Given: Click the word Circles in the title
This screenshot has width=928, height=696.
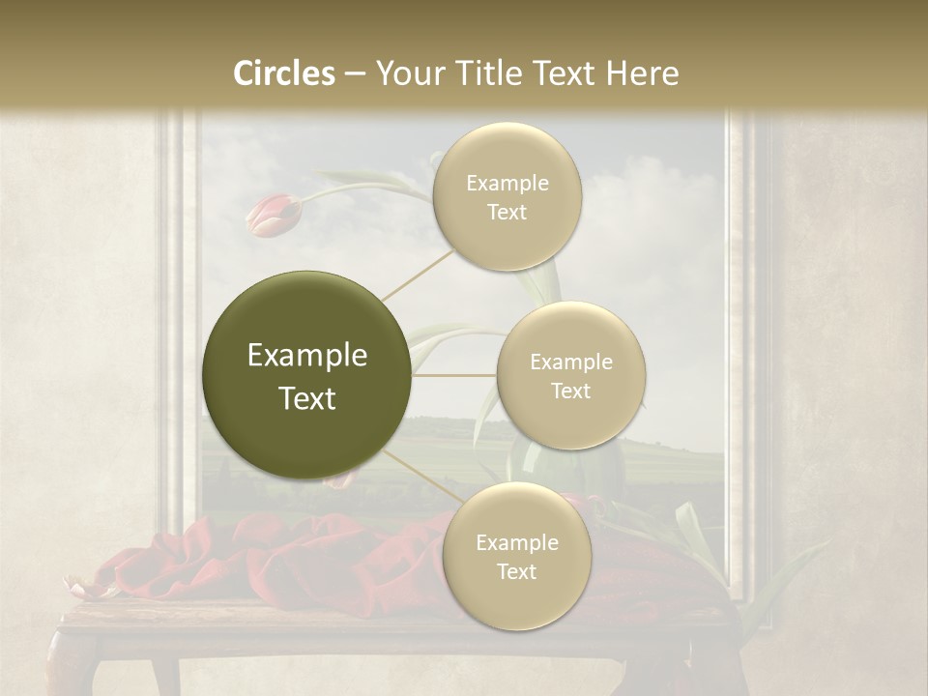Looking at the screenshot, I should [x=284, y=73].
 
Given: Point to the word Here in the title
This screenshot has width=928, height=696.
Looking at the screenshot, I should [x=642, y=73].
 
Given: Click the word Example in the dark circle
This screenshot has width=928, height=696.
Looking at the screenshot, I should [x=307, y=356].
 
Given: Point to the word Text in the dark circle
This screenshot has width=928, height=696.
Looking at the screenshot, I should [x=307, y=398].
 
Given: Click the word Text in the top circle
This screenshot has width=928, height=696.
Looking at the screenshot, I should [x=507, y=213].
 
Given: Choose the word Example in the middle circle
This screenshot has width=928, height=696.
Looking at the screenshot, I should [x=571, y=362].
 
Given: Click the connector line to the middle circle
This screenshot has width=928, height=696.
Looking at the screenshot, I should [x=454, y=375].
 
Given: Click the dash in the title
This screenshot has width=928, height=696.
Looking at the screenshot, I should [x=354, y=74].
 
